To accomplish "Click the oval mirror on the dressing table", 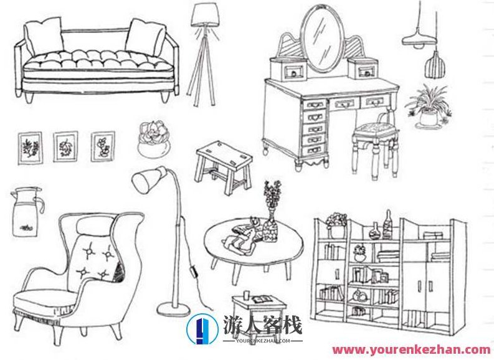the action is (321, 39).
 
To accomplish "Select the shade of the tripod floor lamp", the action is (205, 15).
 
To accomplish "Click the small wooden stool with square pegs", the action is (224, 167).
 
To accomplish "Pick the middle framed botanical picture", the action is (65, 146).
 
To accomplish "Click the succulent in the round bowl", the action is (154, 139).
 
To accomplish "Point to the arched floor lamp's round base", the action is (174, 309).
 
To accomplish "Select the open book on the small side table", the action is (262, 299).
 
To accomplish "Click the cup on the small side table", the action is (246, 295).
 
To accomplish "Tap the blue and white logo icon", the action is (202, 329).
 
